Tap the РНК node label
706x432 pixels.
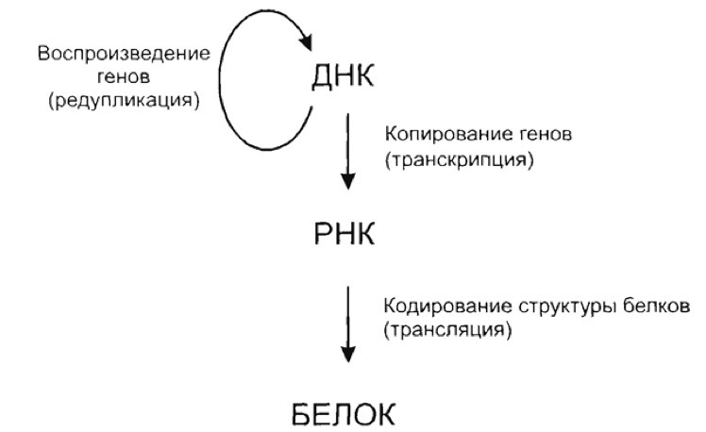(344, 234)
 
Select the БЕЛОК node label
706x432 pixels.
(345, 413)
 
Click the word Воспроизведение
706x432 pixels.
(125, 52)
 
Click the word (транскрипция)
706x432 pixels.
(460, 160)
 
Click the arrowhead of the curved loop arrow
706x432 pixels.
(305, 41)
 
